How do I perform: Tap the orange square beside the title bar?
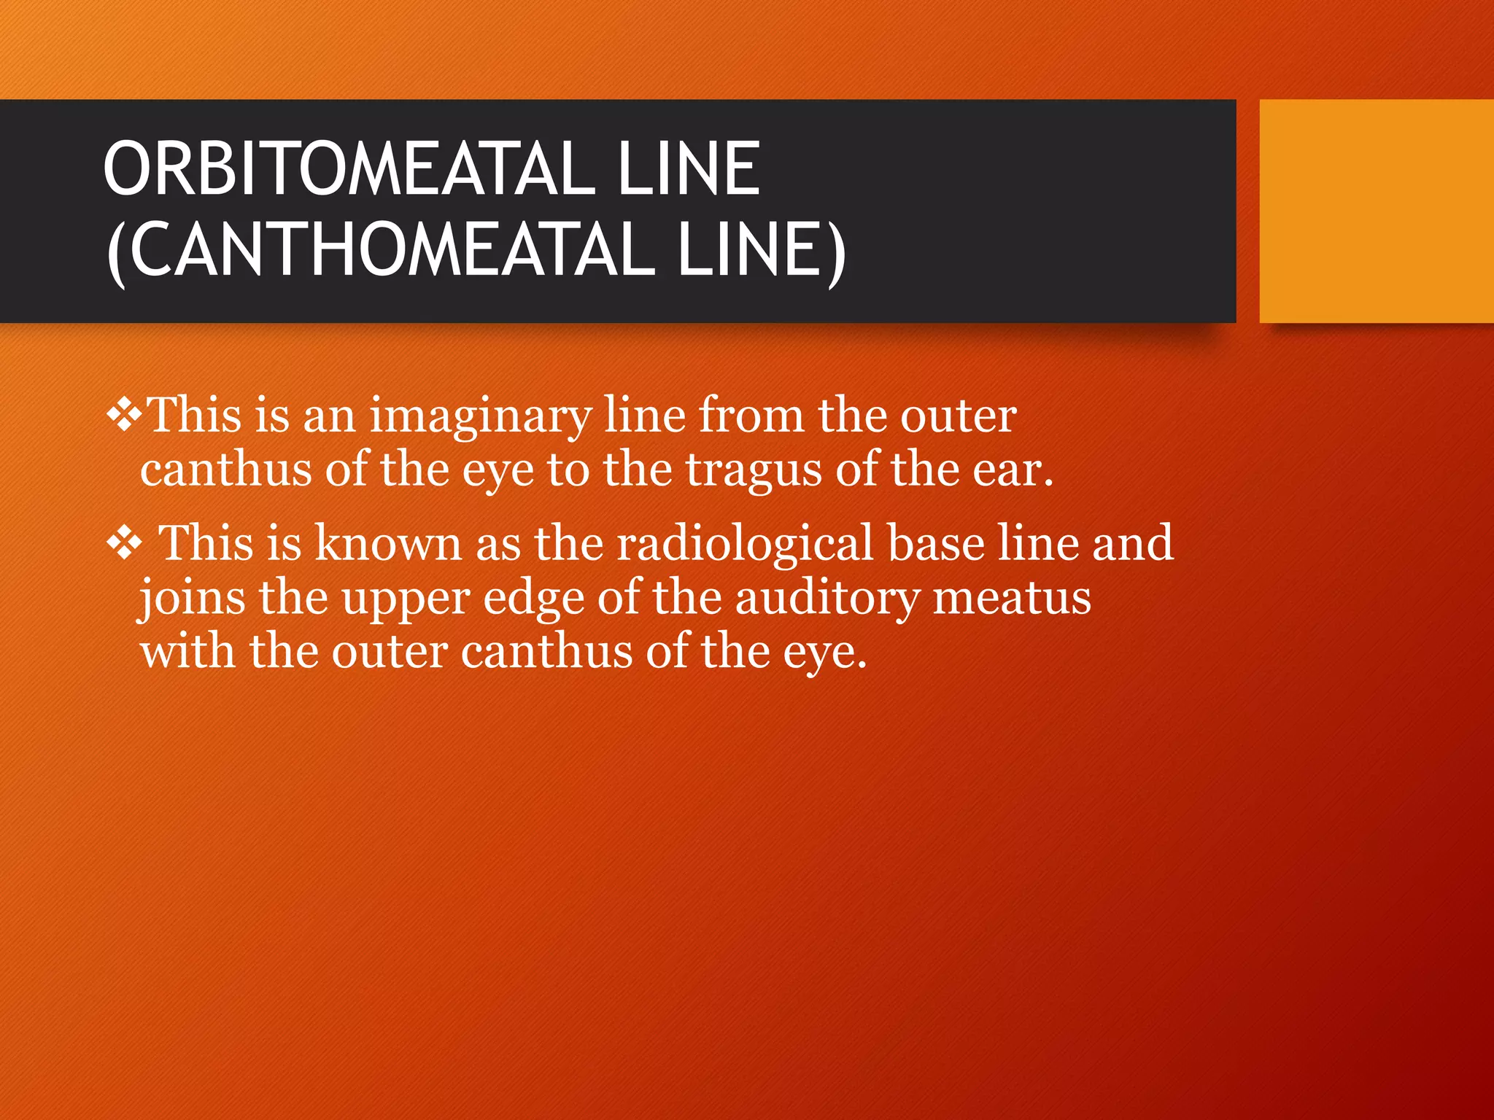tap(1376, 211)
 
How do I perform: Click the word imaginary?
tap(481, 417)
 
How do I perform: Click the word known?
tap(389, 544)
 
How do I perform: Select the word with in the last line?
tap(187, 651)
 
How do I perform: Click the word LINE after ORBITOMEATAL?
tap(689, 169)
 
